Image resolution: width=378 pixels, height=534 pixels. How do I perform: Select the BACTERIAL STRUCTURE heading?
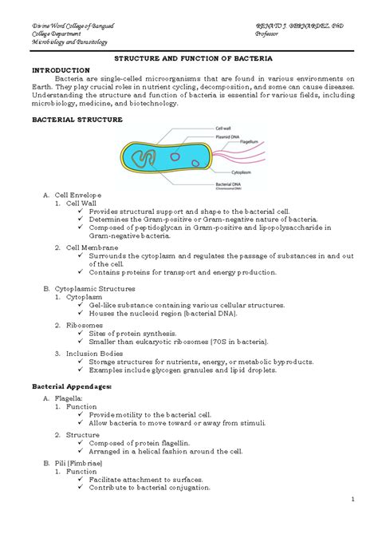tap(77, 119)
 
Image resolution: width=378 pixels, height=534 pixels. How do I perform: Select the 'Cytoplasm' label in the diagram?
tap(242, 171)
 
